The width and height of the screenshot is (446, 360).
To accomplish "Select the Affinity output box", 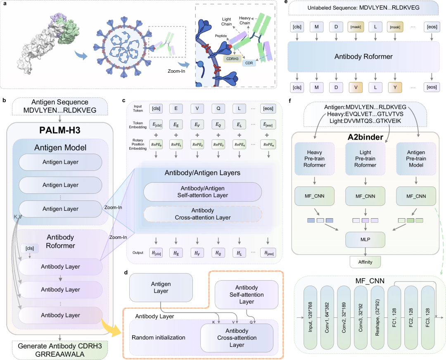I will point(365,261).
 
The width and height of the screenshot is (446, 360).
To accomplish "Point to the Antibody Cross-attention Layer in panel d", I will point(237,338).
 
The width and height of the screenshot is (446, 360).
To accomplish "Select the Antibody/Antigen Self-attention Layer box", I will point(202,192).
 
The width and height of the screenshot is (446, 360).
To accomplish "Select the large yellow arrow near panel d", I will point(112,329).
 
